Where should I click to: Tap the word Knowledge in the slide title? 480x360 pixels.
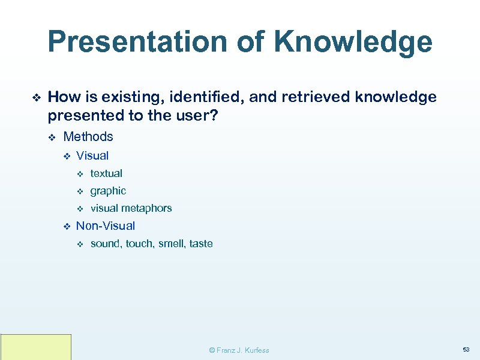click(x=353, y=43)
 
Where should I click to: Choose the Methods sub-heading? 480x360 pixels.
click(x=88, y=137)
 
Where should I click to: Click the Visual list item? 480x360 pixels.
click(x=92, y=156)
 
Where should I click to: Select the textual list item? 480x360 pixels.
click(x=106, y=173)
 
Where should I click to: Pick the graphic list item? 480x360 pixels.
click(x=108, y=191)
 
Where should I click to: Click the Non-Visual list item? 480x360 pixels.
click(x=106, y=226)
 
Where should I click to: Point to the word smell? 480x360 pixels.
click(x=170, y=244)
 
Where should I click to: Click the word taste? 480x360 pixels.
click(x=201, y=244)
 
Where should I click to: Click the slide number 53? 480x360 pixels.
click(x=466, y=349)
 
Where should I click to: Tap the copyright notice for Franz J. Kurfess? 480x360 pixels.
click(x=239, y=350)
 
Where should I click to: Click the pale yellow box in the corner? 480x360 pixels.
click(x=36, y=347)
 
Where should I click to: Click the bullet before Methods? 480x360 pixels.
click(x=52, y=137)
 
